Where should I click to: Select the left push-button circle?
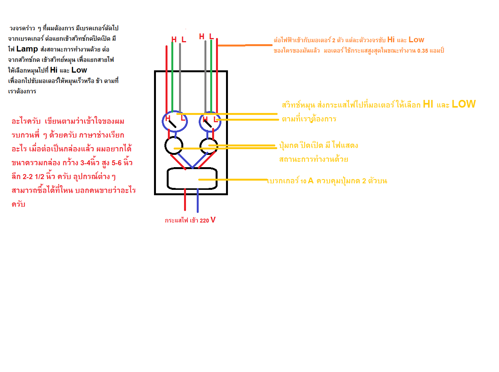174,145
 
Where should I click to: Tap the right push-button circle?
209,146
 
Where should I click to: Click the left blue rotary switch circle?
174,122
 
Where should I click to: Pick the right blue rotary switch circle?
210,122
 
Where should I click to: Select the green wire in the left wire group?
172,77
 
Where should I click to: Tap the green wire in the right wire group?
211,77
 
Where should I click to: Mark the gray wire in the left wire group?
180,77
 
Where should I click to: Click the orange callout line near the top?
245,45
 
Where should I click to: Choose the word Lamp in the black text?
27,49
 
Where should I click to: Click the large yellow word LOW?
464,104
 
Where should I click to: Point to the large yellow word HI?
428,104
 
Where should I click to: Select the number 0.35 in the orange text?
422,51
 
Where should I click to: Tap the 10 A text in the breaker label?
307,181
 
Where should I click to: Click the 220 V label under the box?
208,220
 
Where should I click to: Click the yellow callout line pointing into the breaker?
233,179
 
